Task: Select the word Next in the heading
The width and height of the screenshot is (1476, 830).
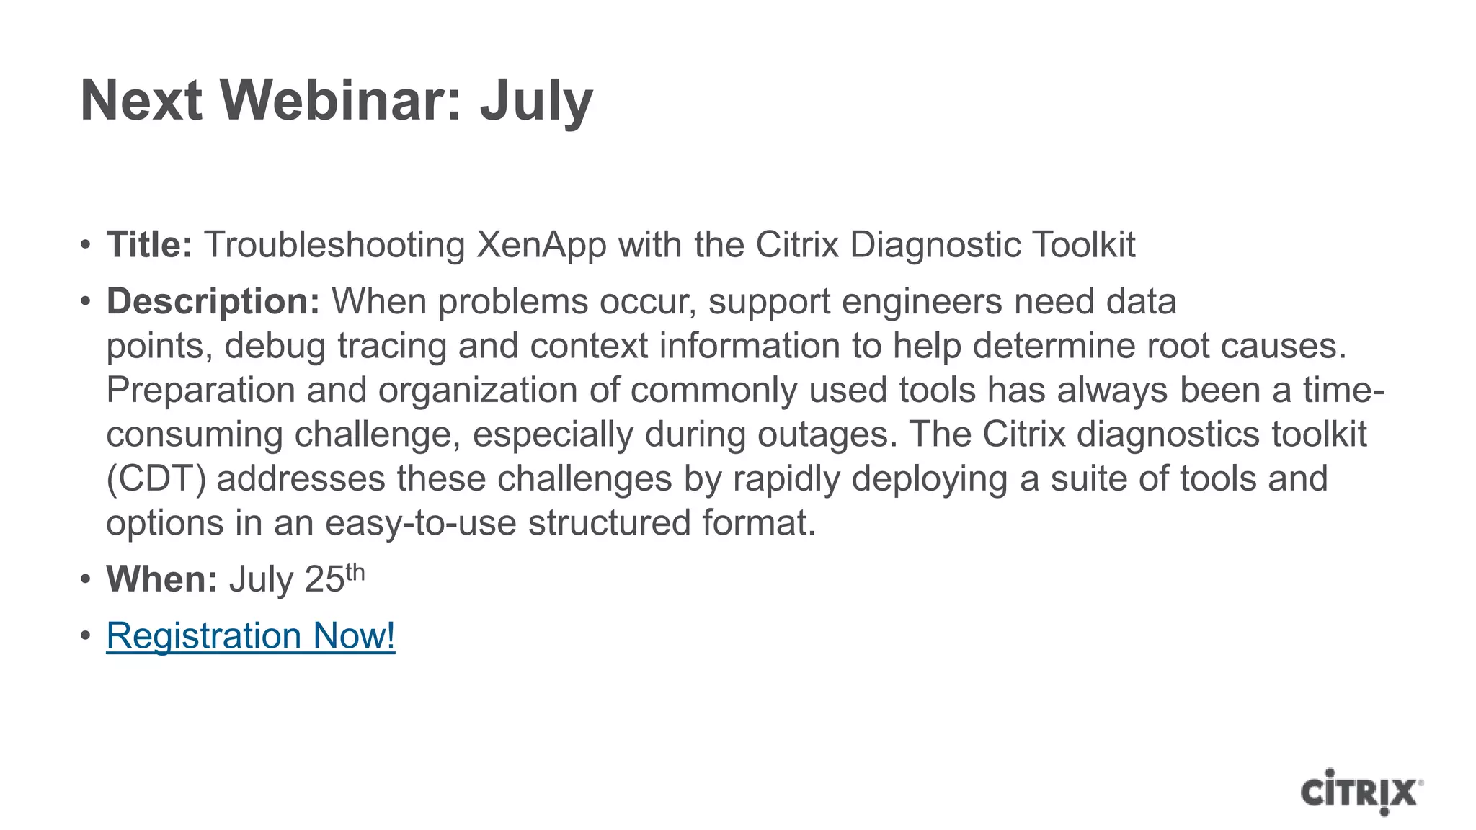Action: coord(141,100)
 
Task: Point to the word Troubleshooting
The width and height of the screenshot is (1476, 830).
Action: coord(334,246)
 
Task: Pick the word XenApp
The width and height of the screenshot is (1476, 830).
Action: coord(541,246)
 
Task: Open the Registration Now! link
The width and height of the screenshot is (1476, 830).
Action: coord(251,635)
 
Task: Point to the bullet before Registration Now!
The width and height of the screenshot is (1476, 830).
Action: coord(86,636)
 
